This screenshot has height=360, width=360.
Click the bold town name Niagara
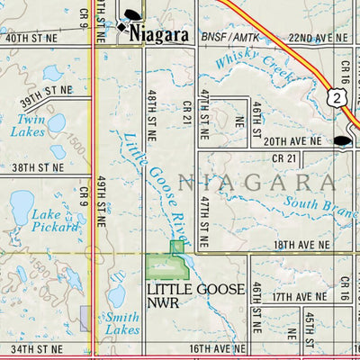point(158,34)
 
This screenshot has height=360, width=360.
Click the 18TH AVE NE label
point(305,244)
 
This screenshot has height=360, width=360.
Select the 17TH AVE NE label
point(301,296)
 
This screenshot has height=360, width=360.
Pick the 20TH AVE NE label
point(292,141)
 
